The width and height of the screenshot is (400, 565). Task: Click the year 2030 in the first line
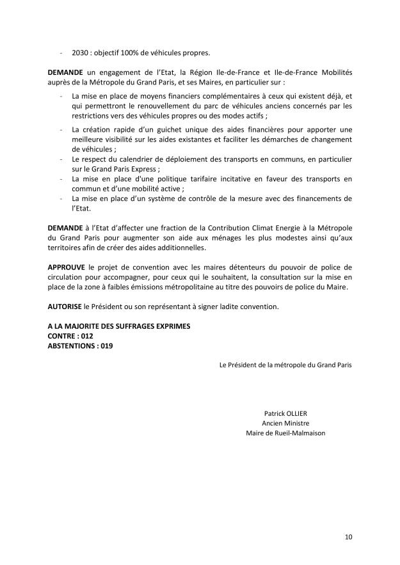80,52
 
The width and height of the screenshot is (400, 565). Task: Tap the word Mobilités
335,74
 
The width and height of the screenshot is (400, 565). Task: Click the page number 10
348,536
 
